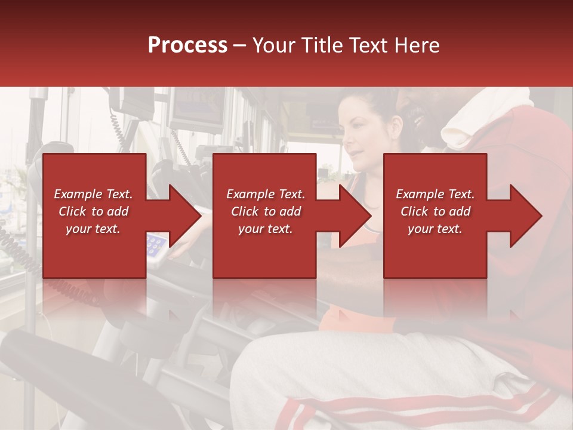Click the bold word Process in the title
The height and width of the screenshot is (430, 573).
coord(187,45)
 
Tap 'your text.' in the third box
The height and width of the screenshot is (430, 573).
coord(435,229)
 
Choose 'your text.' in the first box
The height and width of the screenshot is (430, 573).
coord(93,229)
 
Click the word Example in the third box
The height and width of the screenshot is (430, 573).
coord(418,194)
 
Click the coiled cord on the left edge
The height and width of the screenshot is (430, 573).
coord(18,251)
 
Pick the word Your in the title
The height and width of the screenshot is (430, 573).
coord(272,45)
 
